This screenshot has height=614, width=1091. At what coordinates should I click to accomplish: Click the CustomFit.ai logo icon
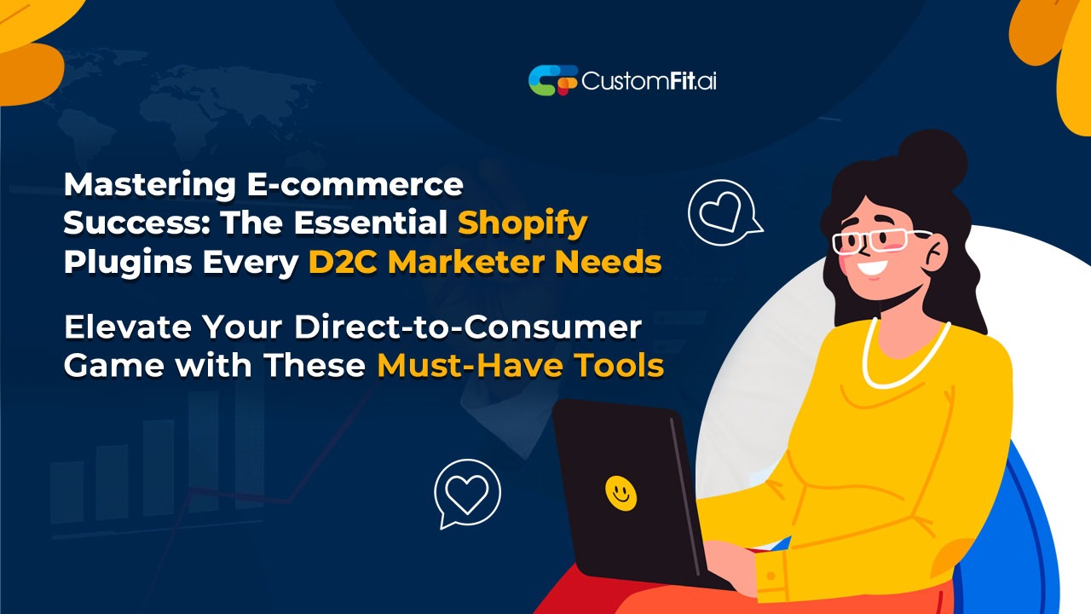click(x=552, y=80)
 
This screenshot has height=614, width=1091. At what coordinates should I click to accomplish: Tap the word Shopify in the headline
click(x=522, y=223)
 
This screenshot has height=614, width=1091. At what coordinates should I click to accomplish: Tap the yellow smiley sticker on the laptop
click(x=621, y=493)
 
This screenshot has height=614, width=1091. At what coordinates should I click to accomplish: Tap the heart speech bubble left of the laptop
click(x=467, y=493)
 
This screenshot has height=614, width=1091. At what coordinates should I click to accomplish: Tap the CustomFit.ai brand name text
click(x=649, y=81)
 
